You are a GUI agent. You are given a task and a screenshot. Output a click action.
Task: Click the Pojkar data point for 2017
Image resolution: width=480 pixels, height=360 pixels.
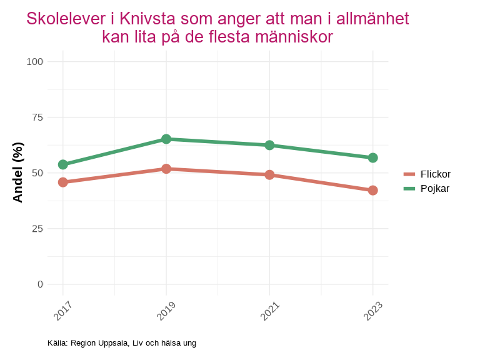click(x=63, y=164)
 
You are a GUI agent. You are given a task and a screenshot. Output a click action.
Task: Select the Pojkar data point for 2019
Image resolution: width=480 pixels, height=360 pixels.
click(x=166, y=139)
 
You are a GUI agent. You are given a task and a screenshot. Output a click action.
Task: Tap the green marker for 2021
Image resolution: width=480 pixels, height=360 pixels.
click(x=269, y=145)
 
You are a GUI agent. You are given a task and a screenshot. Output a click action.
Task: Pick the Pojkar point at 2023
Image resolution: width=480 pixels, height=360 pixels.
click(x=372, y=157)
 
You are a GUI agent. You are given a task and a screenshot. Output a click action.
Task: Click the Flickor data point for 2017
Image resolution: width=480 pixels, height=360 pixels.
click(x=63, y=182)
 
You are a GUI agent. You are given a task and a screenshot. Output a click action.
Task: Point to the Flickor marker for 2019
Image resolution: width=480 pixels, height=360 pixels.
click(x=166, y=169)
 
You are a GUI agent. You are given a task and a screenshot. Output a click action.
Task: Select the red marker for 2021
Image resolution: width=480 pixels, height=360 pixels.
click(x=269, y=175)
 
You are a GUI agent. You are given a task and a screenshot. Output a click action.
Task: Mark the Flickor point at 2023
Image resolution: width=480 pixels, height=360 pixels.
click(x=372, y=190)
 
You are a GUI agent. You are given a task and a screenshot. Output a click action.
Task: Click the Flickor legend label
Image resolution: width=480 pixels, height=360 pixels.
click(x=436, y=174)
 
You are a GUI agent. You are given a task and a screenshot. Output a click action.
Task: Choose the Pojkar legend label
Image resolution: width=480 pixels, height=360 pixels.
click(x=435, y=188)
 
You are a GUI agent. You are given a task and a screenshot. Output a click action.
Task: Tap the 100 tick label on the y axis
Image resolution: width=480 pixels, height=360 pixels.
click(x=35, y=61)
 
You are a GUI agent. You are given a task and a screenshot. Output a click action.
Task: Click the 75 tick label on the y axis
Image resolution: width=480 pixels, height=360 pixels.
click(x=37, y=117)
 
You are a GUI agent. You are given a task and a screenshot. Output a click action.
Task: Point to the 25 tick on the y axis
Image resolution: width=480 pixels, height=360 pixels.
click(x=37, y=228)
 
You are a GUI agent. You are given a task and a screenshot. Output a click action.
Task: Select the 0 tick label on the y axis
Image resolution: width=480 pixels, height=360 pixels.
click(x=41, y=284)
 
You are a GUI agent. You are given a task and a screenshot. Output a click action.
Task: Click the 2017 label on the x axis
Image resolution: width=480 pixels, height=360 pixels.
click(x=63, y=311)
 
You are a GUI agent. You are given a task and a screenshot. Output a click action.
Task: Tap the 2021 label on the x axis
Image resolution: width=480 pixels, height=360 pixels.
click(x=269, y=311)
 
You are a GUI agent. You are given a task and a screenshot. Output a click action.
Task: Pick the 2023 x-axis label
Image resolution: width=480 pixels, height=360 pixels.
click(x=372, y=311)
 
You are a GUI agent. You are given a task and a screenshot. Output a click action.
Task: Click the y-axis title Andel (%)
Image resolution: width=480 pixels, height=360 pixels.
click(x=18, y=172)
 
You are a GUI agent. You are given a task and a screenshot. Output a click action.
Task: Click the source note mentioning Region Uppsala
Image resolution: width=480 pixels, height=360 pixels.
click(x=122, y=343)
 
